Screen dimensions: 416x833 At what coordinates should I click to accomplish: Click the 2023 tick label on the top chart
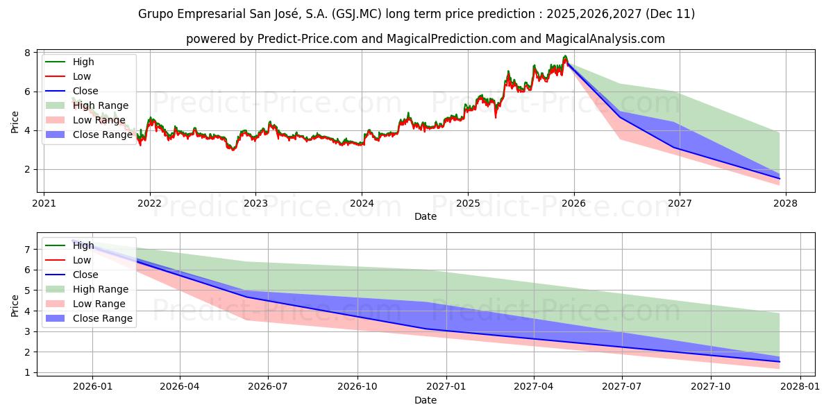pos(255,204)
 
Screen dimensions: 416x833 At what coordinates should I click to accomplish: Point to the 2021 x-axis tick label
pos(44,204)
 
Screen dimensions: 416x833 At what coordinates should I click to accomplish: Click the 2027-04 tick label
pos(534,387)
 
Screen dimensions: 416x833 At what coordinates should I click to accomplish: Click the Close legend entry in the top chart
pos(85,91)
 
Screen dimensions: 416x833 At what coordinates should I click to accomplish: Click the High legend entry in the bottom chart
pos(83,245)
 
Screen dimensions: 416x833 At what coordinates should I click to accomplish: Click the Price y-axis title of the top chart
pos(15,122)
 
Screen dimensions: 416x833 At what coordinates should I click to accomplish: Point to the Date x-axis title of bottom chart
pos(426,400)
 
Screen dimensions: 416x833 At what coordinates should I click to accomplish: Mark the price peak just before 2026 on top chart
pos(565,56)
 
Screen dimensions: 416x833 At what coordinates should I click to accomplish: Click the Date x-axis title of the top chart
pos(426,216)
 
